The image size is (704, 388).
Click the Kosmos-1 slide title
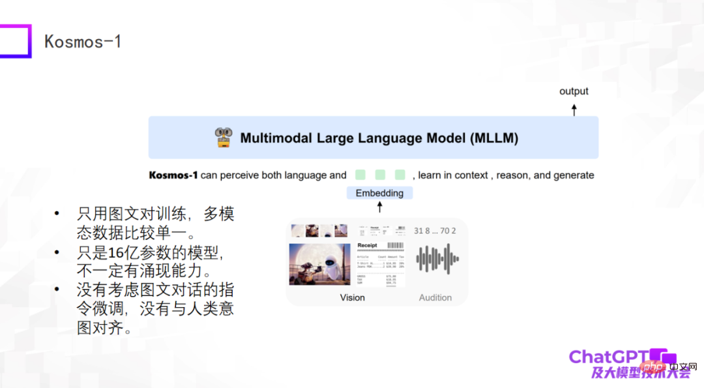83,42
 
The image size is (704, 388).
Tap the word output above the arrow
574,91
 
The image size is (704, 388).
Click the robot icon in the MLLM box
224,138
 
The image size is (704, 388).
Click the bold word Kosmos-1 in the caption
173,175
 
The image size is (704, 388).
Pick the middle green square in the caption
380,175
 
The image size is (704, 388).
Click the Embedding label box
379,193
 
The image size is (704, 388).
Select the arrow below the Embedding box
379,207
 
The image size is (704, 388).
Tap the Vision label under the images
352,297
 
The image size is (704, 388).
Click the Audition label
435,297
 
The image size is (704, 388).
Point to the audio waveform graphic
437,259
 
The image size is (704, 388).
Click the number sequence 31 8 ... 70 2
435,231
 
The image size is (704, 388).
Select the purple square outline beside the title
14,41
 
